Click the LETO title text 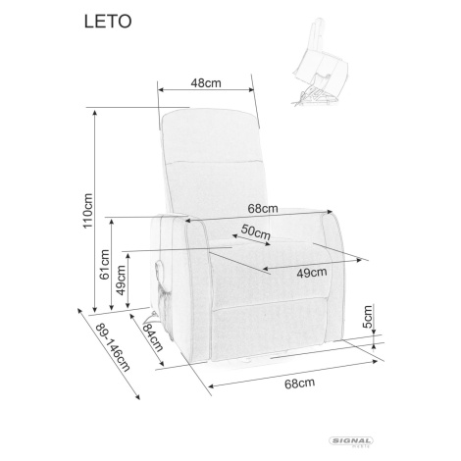108,22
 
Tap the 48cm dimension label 206,83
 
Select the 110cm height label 87,211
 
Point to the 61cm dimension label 104,265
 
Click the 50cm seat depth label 256,232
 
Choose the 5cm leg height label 368,317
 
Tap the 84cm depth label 153,336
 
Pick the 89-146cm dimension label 113,347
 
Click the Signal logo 351,441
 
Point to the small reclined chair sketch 319,62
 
